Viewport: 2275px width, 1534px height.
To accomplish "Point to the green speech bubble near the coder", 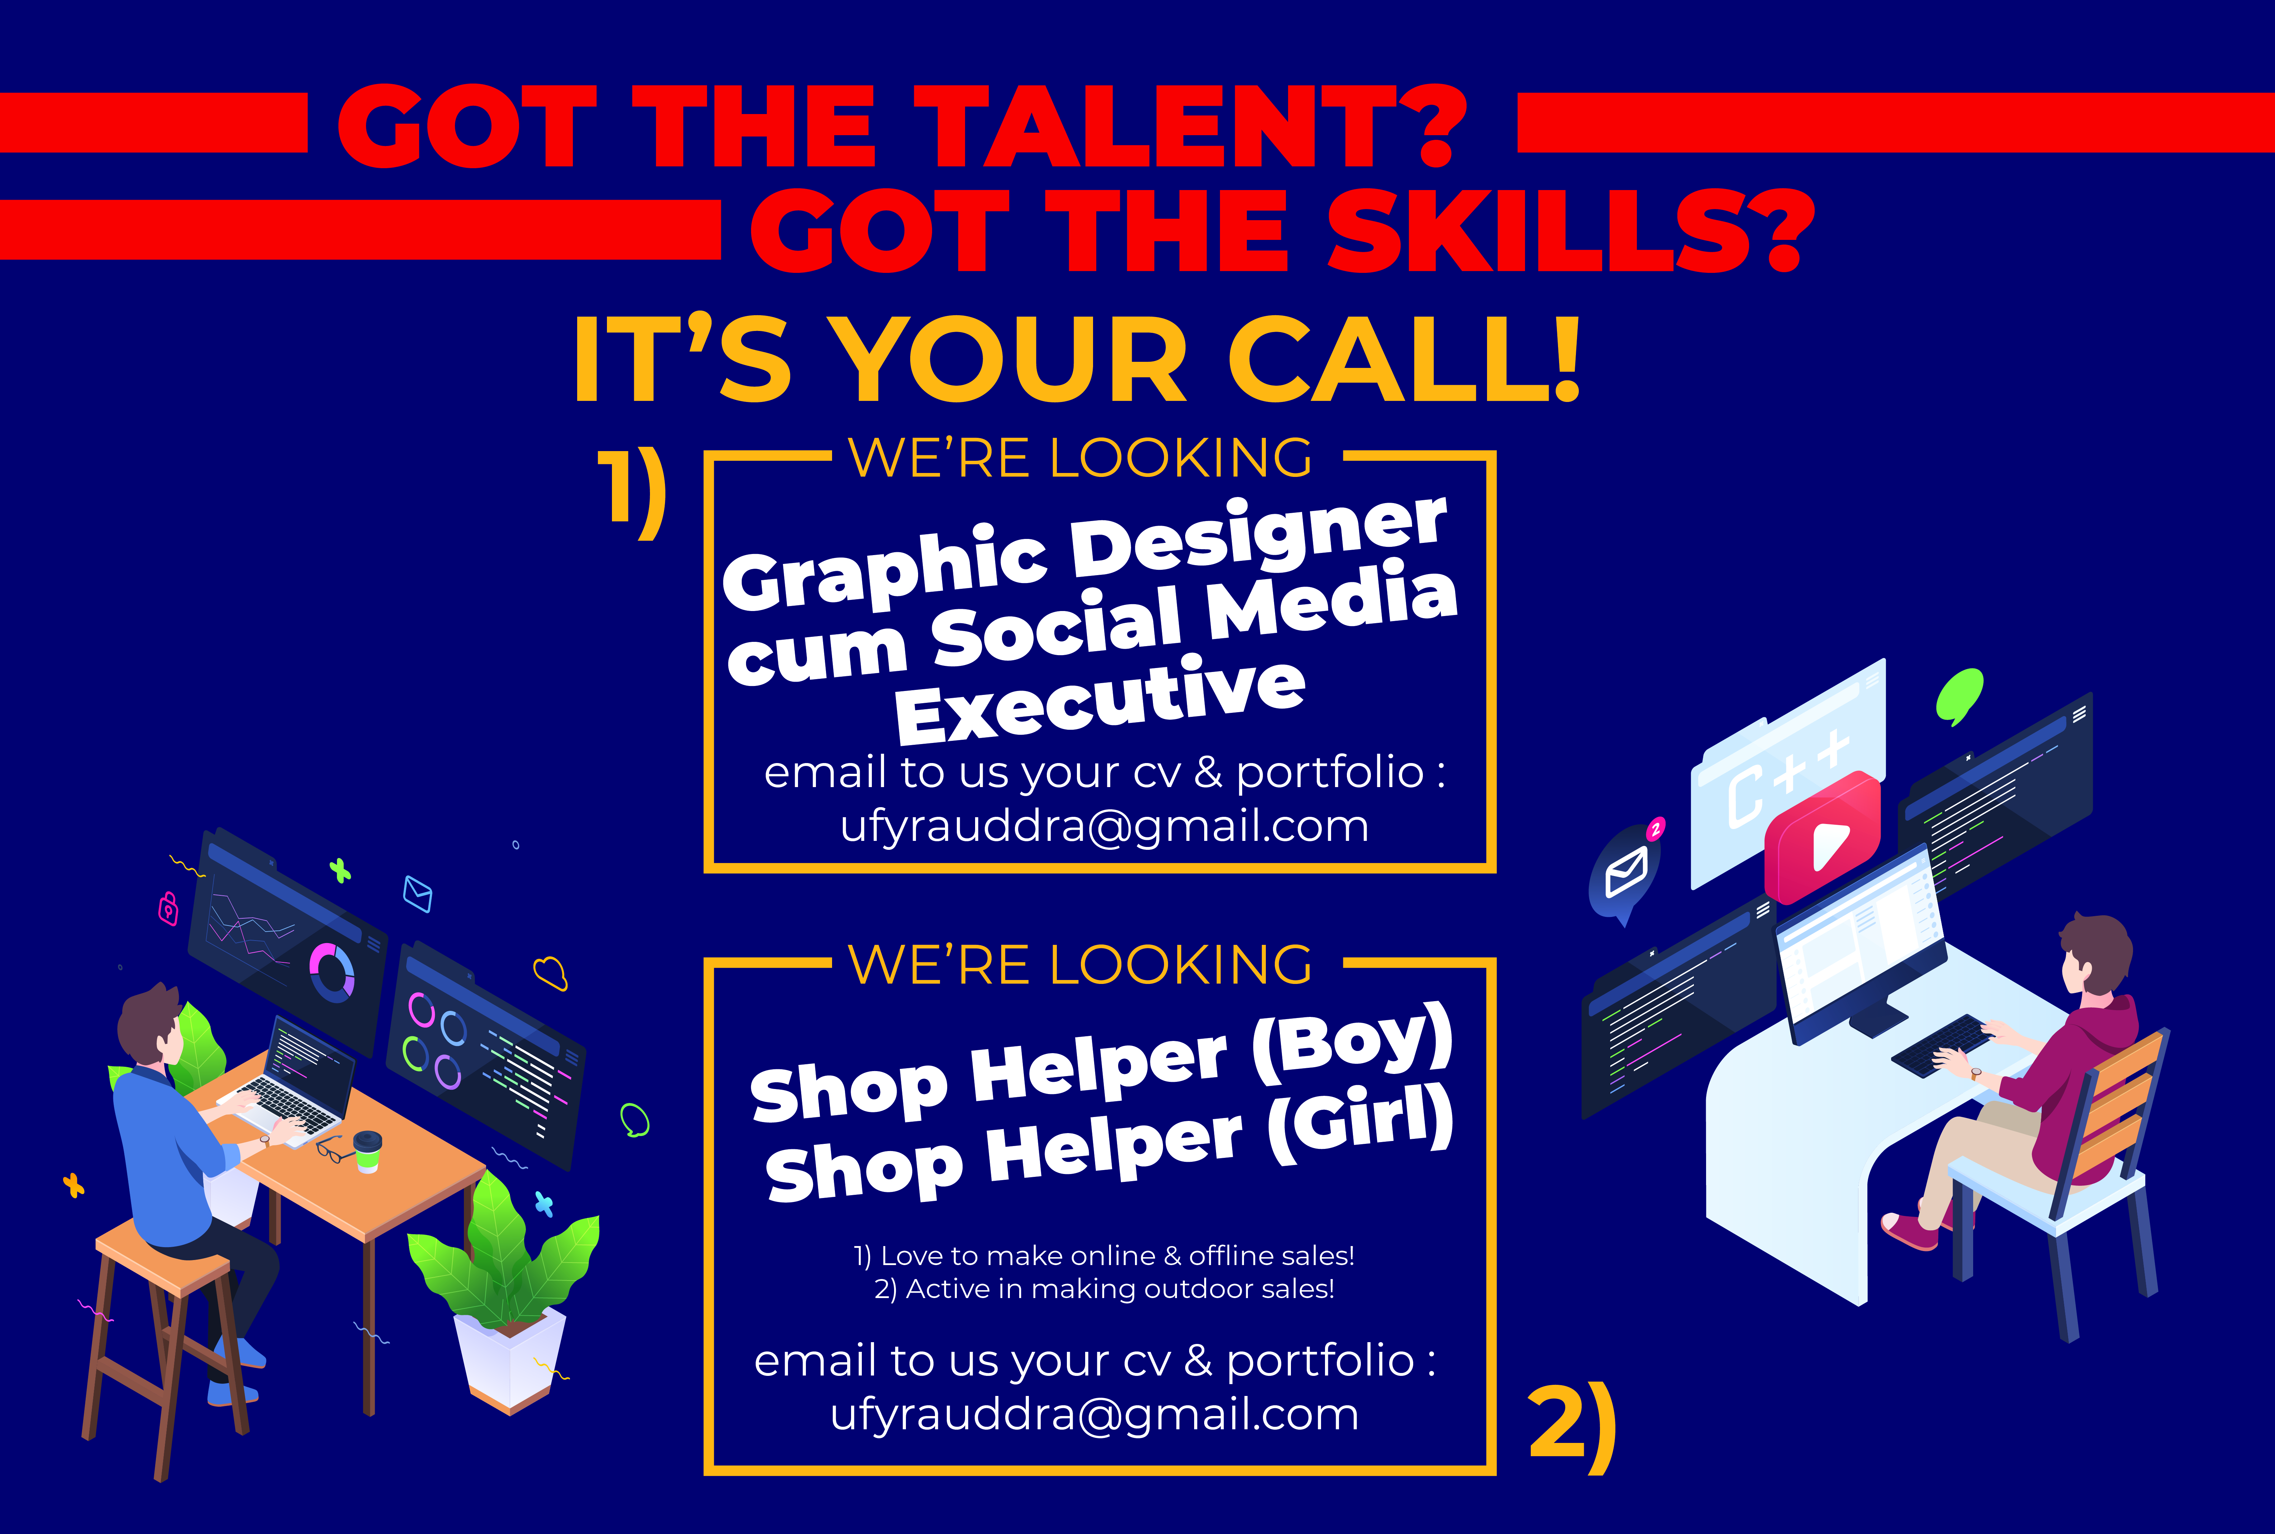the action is coord(1959,697).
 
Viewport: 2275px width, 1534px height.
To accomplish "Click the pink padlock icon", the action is coord(168,909).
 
